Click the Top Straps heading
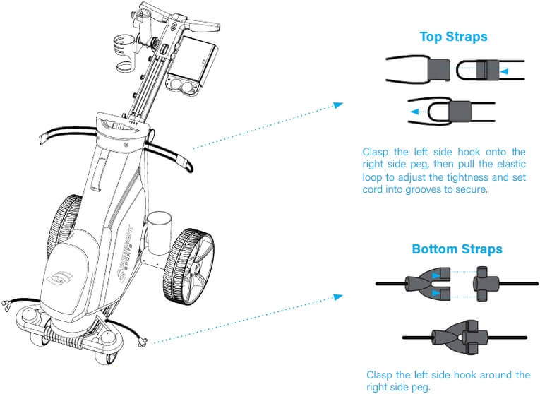pyautogui.click(x=453, y=37)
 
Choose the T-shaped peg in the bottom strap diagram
pyautogui.click(x=485, y=284)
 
